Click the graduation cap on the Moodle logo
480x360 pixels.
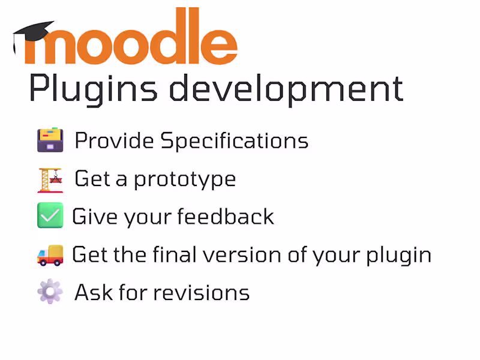32,33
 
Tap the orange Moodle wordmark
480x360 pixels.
131,36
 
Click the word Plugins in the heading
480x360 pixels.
94,89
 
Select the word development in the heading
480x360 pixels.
287,89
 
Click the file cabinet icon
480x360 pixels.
50,140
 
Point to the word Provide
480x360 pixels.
114,140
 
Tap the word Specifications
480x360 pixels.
235,141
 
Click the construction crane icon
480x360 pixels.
50,181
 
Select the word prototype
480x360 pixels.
185,180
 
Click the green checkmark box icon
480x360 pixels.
50,215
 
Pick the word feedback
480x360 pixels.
226,217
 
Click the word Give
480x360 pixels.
95,217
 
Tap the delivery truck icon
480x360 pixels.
50,256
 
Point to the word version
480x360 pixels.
242,255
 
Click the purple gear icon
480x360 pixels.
50,291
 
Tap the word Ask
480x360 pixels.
94,292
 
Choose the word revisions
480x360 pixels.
202,293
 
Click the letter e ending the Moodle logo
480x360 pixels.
219,47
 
